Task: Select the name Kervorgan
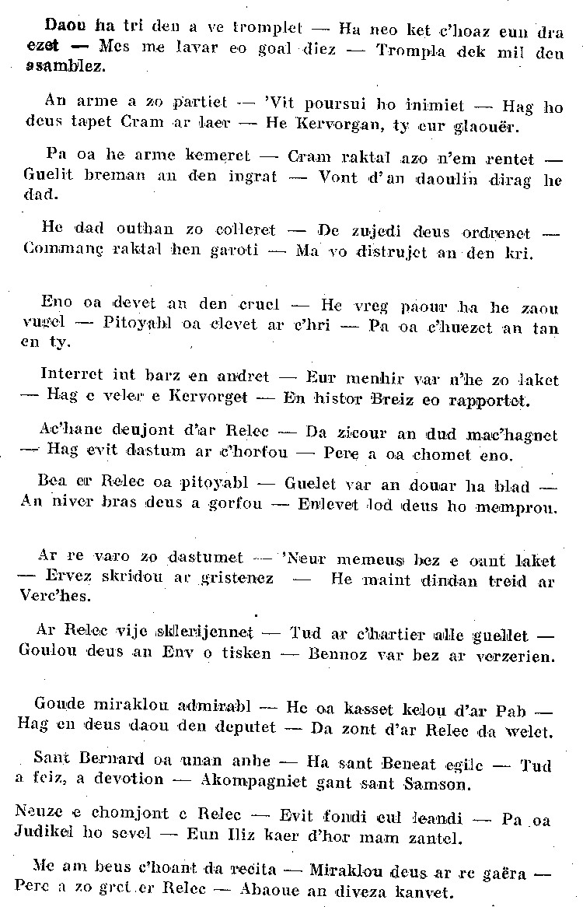[x=326, y=126]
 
